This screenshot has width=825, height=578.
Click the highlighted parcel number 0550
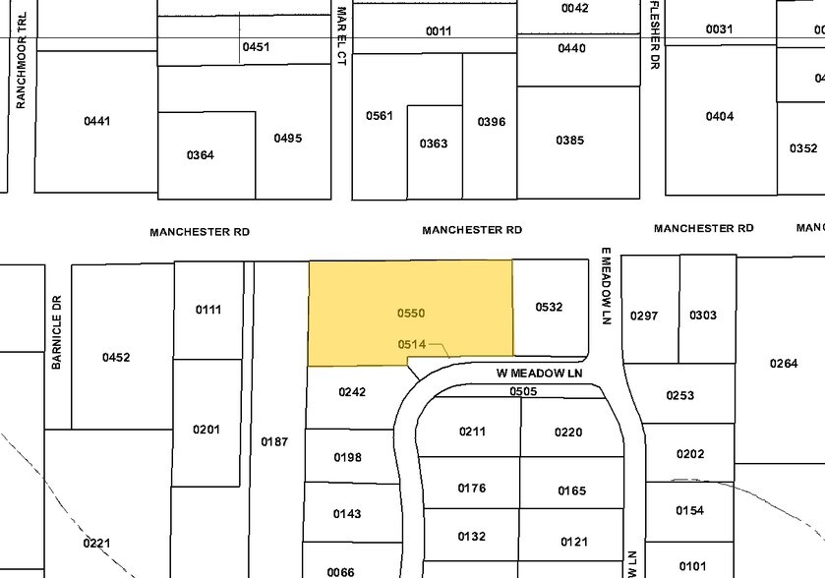411,313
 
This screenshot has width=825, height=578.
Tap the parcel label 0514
411,344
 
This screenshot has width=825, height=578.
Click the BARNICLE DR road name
57,332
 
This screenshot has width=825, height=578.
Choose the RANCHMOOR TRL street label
21,68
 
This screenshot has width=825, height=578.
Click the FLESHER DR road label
653,33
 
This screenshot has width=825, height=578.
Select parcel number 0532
549,307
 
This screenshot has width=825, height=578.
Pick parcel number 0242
352,391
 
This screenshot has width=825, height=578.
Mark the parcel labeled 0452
116,357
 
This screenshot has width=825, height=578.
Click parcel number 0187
274,442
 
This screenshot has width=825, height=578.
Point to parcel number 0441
96,121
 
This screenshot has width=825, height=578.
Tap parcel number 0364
201,154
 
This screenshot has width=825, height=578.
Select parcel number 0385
569,140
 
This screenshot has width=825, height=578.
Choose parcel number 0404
720,116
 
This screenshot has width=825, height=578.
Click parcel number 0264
784,364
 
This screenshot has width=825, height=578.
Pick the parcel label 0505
523,390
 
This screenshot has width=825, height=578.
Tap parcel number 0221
96,543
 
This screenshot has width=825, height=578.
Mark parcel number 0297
643,315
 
